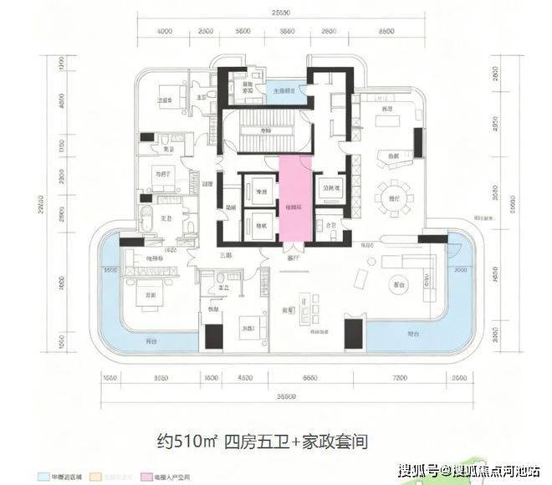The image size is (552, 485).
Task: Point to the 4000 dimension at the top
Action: pyautogui.click(x=164, y=32)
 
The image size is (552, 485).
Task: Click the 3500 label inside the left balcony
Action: pyautogui.click(x=109, y=271)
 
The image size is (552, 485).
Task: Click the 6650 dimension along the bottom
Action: pyautogui.click(x=309, y=378)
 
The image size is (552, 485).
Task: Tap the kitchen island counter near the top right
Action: pyautogui.click(x=391, y=155)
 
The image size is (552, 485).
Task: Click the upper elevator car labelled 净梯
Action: pyautogui.click(x=260, y=191)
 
